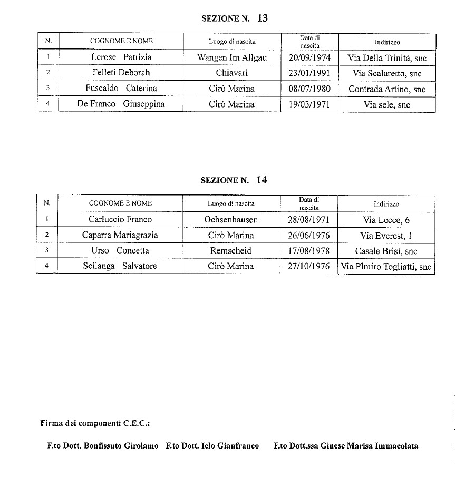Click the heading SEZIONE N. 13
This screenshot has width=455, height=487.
pos(235,18)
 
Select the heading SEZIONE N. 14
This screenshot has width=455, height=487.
pos(234,180)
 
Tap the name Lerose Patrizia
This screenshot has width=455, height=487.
pos(121,57)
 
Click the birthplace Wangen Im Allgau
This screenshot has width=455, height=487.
pos(231,58)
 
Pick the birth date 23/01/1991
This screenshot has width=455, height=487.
pos(309,74)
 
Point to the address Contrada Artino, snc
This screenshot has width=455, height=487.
pos(386,90)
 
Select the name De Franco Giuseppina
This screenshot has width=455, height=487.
pos(121,104)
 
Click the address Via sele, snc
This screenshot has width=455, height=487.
pos(386,105)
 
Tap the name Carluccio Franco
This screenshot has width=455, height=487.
pos(120,220)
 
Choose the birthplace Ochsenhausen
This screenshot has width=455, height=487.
pos(230,220)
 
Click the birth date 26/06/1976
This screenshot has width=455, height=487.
pos(308,236)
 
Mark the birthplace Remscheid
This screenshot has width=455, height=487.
pos(230,251)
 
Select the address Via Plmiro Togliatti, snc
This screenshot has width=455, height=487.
pos(386,267)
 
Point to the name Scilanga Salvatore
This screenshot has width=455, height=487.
pos(120,266)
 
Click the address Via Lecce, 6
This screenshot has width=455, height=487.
pos(386,220)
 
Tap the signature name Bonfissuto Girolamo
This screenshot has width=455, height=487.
pos(121,446)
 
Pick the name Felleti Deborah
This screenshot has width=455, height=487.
pos(121,73)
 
